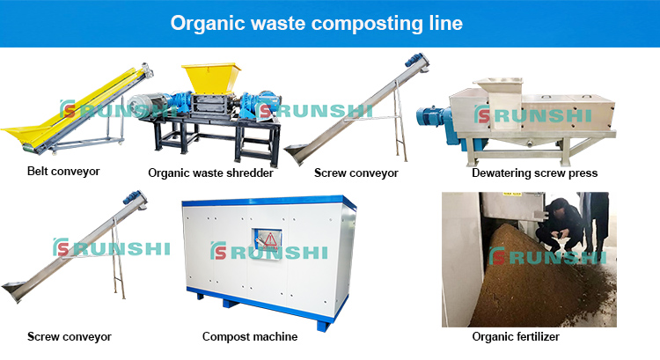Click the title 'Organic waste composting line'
point(317,24)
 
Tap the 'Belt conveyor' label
point(63,172)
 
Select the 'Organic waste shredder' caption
point(210,173)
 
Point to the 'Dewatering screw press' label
point(534,173)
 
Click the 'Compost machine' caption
point(250,337)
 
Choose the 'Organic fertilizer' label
point(516,337)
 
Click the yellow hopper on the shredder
point(211,78)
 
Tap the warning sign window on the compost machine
point(267,243)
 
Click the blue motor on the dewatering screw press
point(434,119)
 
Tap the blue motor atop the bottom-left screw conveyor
point(135,198)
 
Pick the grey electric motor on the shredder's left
point(144,106)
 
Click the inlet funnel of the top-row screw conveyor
point(298,153)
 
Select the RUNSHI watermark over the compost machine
point(269,252)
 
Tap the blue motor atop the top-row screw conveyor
point(415,61)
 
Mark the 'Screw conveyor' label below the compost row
point(70,337)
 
